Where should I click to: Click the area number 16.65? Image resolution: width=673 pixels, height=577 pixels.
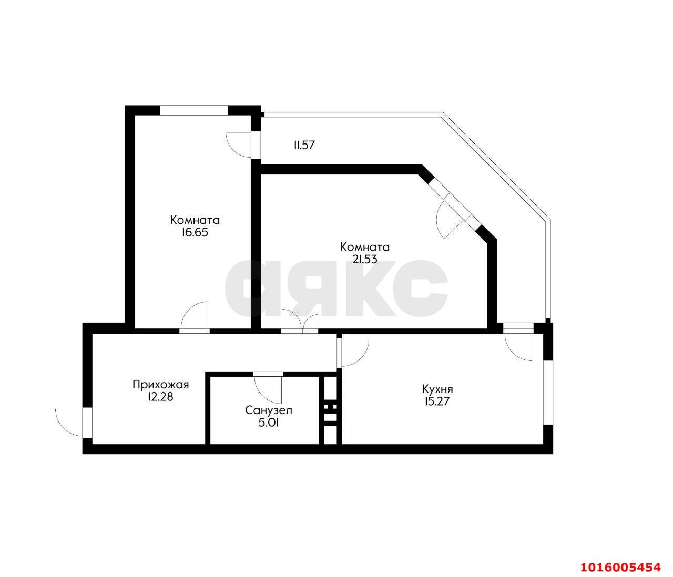point(195,233)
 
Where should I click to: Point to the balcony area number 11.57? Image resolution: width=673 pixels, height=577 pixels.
point(304,145)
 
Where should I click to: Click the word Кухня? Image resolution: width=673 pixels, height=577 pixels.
point(437,389)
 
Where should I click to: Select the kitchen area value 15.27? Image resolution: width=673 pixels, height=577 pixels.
point(437,401)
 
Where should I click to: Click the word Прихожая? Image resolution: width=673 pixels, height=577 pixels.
point(160,385)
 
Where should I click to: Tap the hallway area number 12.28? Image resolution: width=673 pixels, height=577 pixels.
point(160,397)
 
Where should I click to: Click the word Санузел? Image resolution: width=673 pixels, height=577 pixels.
point(269,410)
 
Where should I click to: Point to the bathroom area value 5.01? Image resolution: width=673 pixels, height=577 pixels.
point(269,423)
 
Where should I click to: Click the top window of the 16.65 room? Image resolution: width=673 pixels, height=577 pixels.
point(193,110)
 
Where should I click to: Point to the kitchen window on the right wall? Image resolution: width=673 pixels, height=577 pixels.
point(548,392)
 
